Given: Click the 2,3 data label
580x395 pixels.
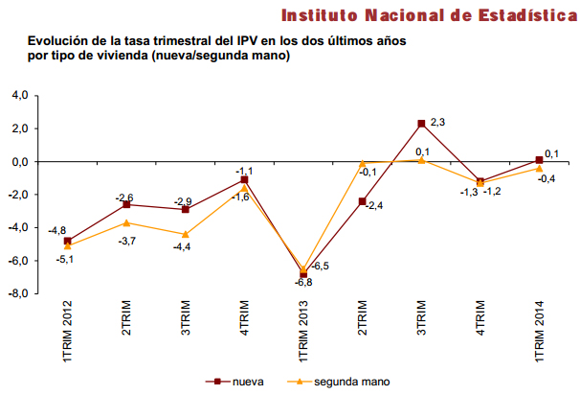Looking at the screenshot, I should point(437,122).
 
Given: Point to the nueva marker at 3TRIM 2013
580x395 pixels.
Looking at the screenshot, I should point(421,124).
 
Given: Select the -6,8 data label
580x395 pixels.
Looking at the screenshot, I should point(302,282).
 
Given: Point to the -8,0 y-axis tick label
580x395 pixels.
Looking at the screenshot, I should point(20,294).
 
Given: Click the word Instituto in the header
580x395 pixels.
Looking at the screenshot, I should point(325,14).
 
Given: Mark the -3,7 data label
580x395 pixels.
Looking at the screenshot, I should point(126,241).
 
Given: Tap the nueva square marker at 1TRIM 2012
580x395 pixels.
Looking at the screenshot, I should point(67,242).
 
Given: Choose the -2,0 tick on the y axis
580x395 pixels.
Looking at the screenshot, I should point(20,195).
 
